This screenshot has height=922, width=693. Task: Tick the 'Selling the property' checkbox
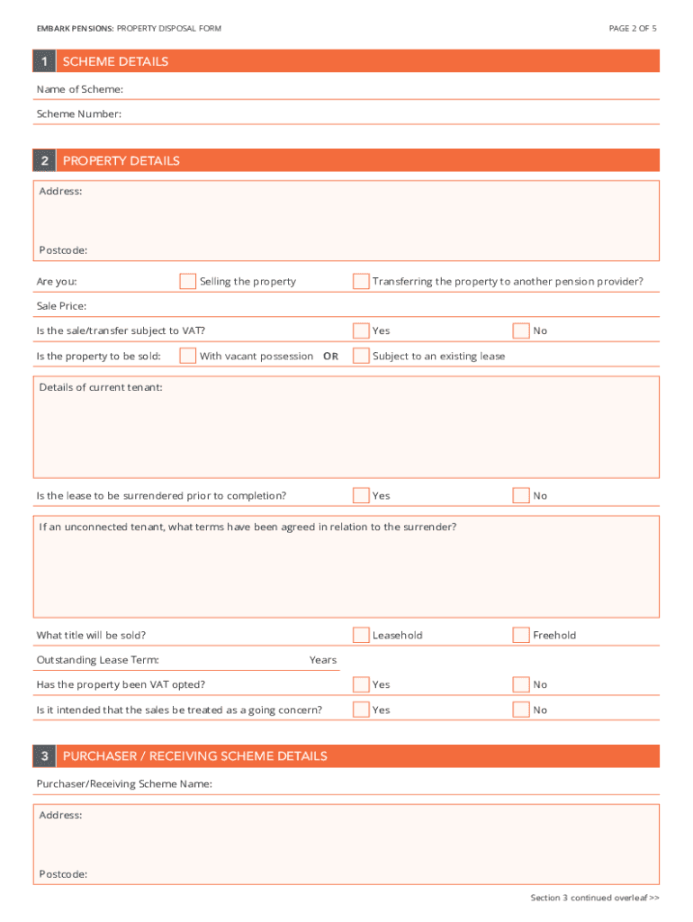click(x=187, y=282)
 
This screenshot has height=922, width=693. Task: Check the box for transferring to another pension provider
click(x=361, y=282)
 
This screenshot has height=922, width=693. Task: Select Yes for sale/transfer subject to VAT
click(x=361, y=331)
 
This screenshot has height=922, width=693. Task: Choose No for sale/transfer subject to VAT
click(x=521, y=331)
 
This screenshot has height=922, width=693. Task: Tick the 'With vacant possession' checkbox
click(x=187, y=356)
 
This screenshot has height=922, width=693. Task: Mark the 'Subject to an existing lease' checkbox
click(x=361, y=356)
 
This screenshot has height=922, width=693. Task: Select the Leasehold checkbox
click(x=361, y=636)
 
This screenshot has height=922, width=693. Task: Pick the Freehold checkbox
click(x=521, y=636)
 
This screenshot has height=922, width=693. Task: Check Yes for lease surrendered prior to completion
click(x=361, y=496)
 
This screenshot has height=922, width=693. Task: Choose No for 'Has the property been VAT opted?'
click(x=521, y=685)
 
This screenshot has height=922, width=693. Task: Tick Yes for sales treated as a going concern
click(x=361, y=710)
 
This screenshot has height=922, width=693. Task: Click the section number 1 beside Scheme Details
click(x=44, y=62)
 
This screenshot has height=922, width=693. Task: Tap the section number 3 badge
click(x=44, y=756)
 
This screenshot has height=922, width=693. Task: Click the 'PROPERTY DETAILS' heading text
click(x=121, y=161)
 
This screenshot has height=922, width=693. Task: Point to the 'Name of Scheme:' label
click(x=80, y=89)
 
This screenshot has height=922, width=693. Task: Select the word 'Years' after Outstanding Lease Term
click(x=323, y=661)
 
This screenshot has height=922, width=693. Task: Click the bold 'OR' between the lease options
click(x=330, y=357)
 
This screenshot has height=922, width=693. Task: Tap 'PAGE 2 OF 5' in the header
click(x=633, y=29)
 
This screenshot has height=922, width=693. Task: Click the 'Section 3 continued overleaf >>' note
click(x=595, y=898)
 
